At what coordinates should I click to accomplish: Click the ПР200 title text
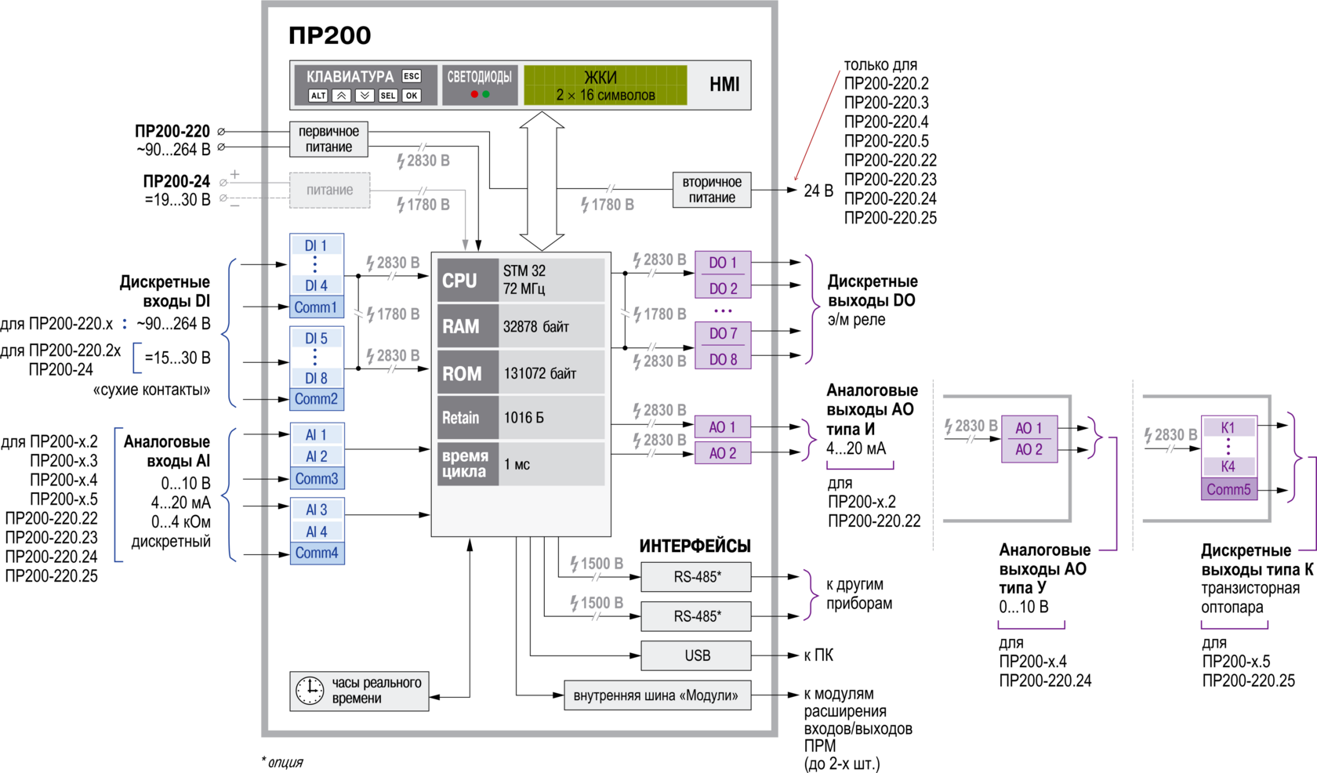pyautogui.click(x=329, y=35)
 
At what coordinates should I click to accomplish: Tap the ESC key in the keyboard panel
pyautogui.click(x=412, y=76)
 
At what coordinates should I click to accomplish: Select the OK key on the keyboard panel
pyautogui.click(x=412, y=96)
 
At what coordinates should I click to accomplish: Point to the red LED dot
pyautogui.click(x=474, y=94)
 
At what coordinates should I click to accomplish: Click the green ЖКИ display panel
pyautogui.click(x=605, y=85)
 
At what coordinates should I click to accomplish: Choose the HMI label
pyautogui.click(x=724, y=85)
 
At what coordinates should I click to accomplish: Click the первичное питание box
pyautogui.click(x=328, y=140)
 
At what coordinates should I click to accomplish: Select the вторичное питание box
pyautogui.click(x=712, y=191)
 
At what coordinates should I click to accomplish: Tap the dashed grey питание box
pyautogui.click(x=329, y=191)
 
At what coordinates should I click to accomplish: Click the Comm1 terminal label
pyautogui.click(x=316, y=307)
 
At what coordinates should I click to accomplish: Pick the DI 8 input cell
pyautogui.click(x=316, y=378)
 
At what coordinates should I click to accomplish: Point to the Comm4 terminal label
pyautogui.click(x=317, y=553)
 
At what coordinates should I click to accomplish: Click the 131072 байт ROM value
pyautogui.click(x=540, y=374)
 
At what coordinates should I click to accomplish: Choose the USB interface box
pyautogui.click(x=696, y=655)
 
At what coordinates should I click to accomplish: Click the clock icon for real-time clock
pyautogui.click(x=310, y=691)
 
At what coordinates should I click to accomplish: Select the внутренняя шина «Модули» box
pyautogui.click(x=656, y=695)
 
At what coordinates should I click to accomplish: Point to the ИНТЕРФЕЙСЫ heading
pyautogui.click(x=695, y=546)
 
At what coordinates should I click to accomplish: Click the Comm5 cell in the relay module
pyautogui.click(x=1228, y=490)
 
